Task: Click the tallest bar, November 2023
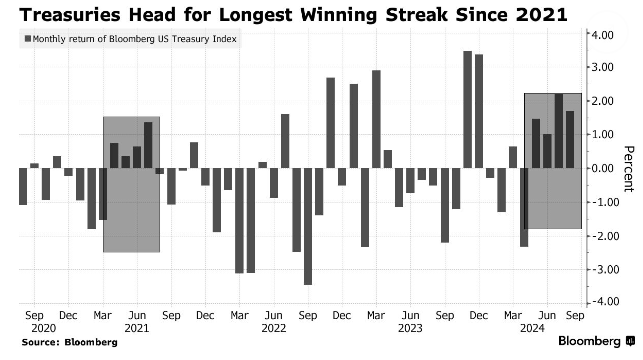[x=467, y=109]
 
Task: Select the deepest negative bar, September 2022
[x=308, y=226]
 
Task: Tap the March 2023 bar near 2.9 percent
[x=376, y=119]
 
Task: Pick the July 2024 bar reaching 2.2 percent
[x=559, y=131]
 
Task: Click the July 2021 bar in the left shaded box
[x=148, y=145]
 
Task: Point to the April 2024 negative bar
[x=524, y=207]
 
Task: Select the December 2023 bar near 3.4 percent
[x=479, y=111]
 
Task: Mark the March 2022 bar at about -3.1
[x=239, y=221]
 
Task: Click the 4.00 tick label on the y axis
[x=602, y=35]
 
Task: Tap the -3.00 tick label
[x=601, y=270]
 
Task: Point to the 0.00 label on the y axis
[x=602, y=169]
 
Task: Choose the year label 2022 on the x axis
[x=274, y=328]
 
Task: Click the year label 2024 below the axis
[x=532, y=328]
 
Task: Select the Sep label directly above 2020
[x=34, y=315]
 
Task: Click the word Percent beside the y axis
[x=629, y=169]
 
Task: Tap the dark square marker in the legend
[x=28, y=39]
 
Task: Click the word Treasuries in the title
[x=70, y=15]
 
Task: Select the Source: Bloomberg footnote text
[x=70, y=342]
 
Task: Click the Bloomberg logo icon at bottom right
[x=630, y=341]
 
